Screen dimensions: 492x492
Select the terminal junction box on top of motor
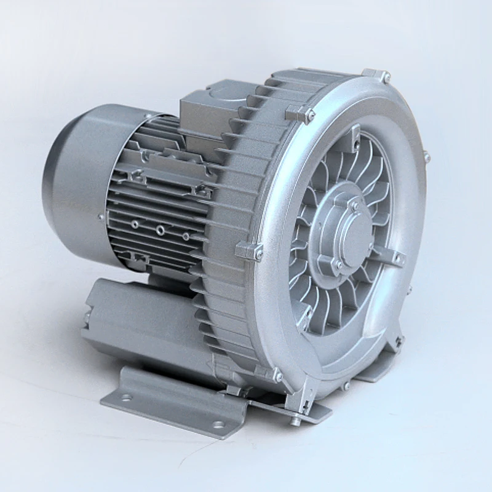point(206,111)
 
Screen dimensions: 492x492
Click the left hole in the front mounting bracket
point(126,397)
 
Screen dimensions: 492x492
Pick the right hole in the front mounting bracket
point(218,424)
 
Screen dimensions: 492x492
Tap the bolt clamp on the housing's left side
point(250,251)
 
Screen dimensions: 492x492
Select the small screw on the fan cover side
point(101,216)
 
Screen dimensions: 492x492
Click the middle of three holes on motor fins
point(160,230)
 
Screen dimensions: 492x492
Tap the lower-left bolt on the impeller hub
point(336,264)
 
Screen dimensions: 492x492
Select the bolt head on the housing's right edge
point(426,158)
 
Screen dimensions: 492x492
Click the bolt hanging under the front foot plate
point(296,421)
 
